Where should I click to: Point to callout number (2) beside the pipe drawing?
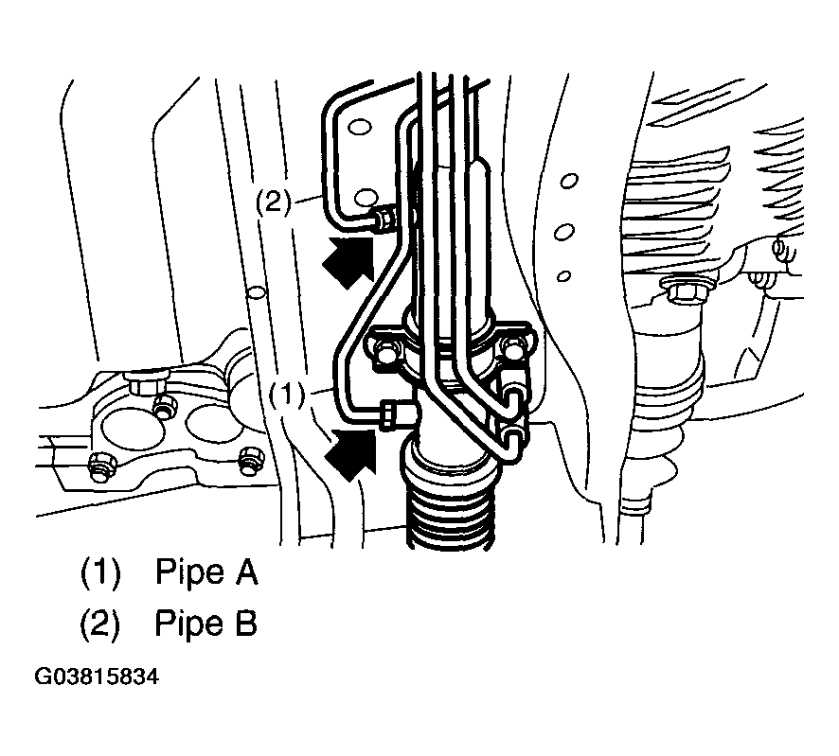[x=273, y=202]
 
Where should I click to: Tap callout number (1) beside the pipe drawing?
[x=286, y=396]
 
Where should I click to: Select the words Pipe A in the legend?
[x=206, y=572]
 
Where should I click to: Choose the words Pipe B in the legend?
[x=206, y=624]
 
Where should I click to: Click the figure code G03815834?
[x=97, y=677]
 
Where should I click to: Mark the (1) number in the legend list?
[x=100, y=572]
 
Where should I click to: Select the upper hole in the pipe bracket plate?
[x=359, y=128]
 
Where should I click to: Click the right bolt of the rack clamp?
[x=512, y=350]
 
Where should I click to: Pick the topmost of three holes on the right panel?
[x=569, y=181]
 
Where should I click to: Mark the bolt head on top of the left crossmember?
[x=146, y=383]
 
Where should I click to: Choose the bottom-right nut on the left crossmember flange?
[x=250, y=461]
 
